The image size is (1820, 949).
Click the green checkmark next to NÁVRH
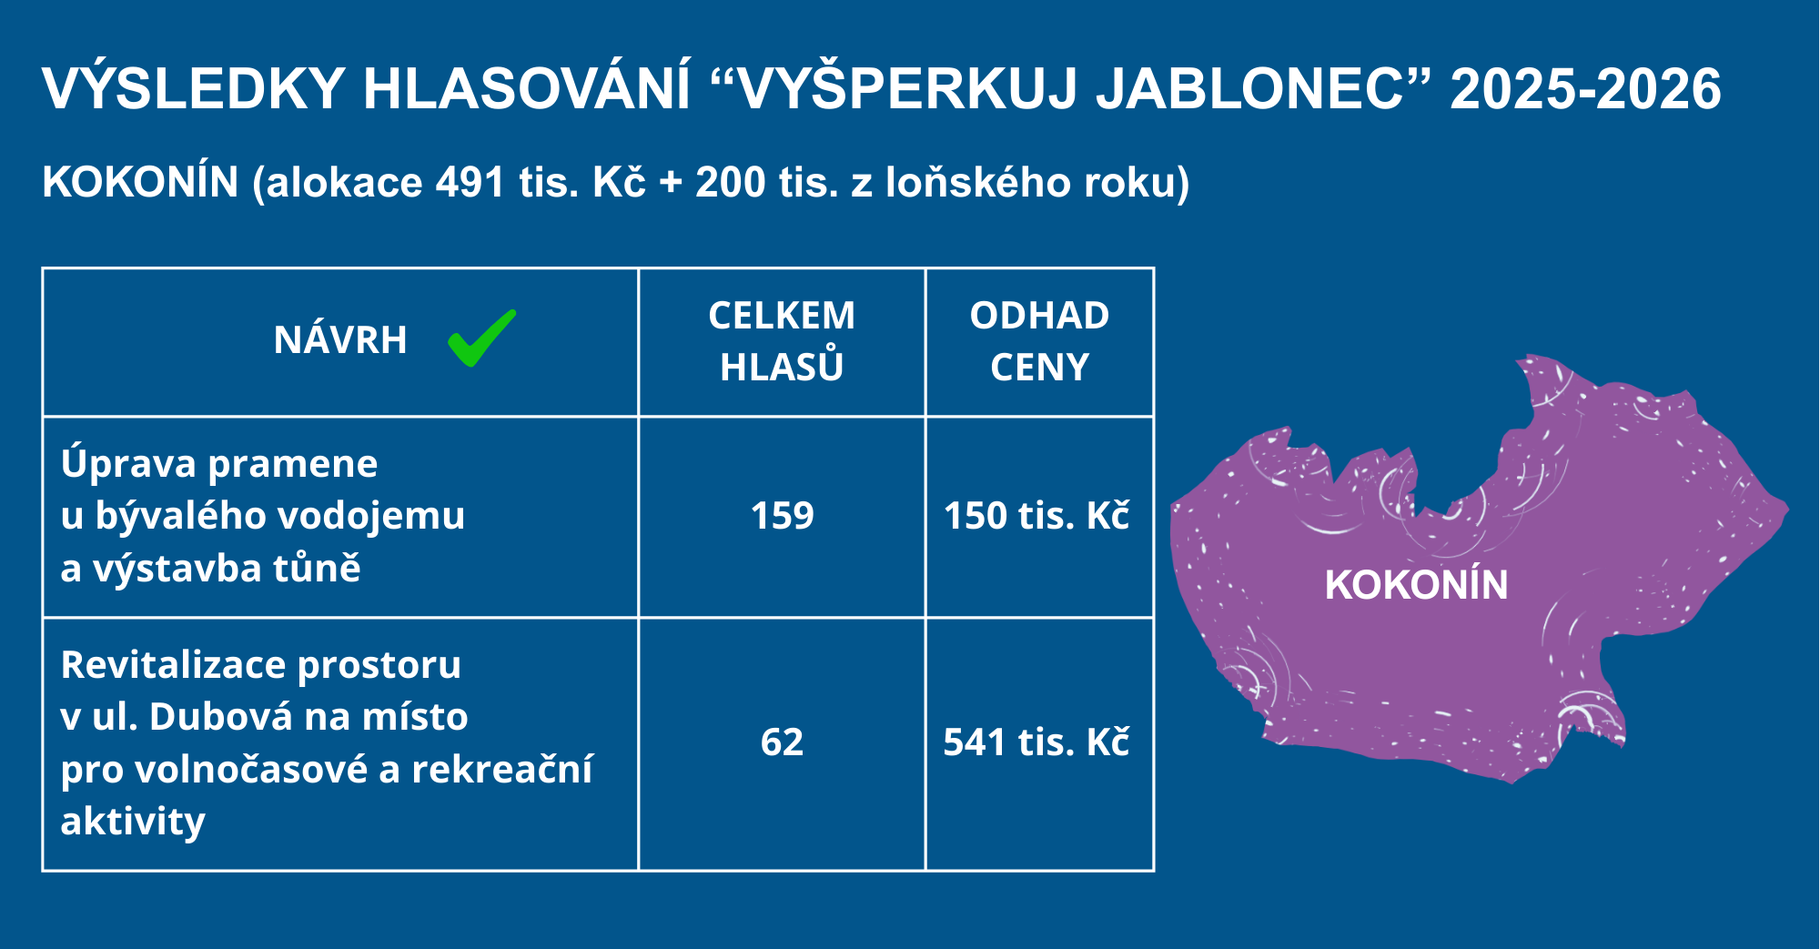(481, 338)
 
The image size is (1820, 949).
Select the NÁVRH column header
(340, 340)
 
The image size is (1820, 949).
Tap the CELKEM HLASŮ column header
(782, 341)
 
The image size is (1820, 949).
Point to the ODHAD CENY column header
(1039, 341)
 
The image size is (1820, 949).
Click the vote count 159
(782, 516)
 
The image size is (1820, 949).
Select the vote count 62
(782, 742)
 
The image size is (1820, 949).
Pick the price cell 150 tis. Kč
(1036, 516)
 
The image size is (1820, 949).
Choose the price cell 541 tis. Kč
(1036, 742)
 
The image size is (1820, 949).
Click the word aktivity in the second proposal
(133, 823)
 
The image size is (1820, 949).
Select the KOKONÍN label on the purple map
(1416, 584)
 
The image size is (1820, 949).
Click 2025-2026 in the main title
(1585, 89)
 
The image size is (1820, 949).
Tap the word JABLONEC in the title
(1250, 89)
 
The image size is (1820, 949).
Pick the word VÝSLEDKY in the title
(193, 89)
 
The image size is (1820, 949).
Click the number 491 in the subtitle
(470, 182)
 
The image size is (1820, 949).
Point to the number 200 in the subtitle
(731, 182)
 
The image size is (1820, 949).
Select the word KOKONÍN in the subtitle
(140, 182)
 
